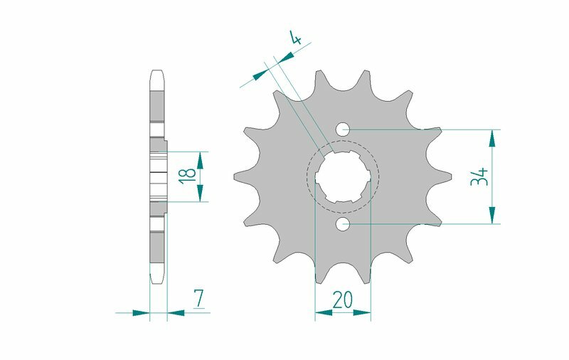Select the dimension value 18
pos(186,176)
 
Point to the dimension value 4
pos(295,38)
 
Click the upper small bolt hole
pos(344,129)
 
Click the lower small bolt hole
pos(344,224)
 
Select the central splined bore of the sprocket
pos(344,177)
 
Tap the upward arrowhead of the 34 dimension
pos(491,138)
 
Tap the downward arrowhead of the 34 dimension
pos(491,216)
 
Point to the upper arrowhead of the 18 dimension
pos(201,160)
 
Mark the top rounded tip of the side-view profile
pos(158,73)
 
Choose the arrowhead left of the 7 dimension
pos(142,312)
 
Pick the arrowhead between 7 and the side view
pos(175,312)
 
